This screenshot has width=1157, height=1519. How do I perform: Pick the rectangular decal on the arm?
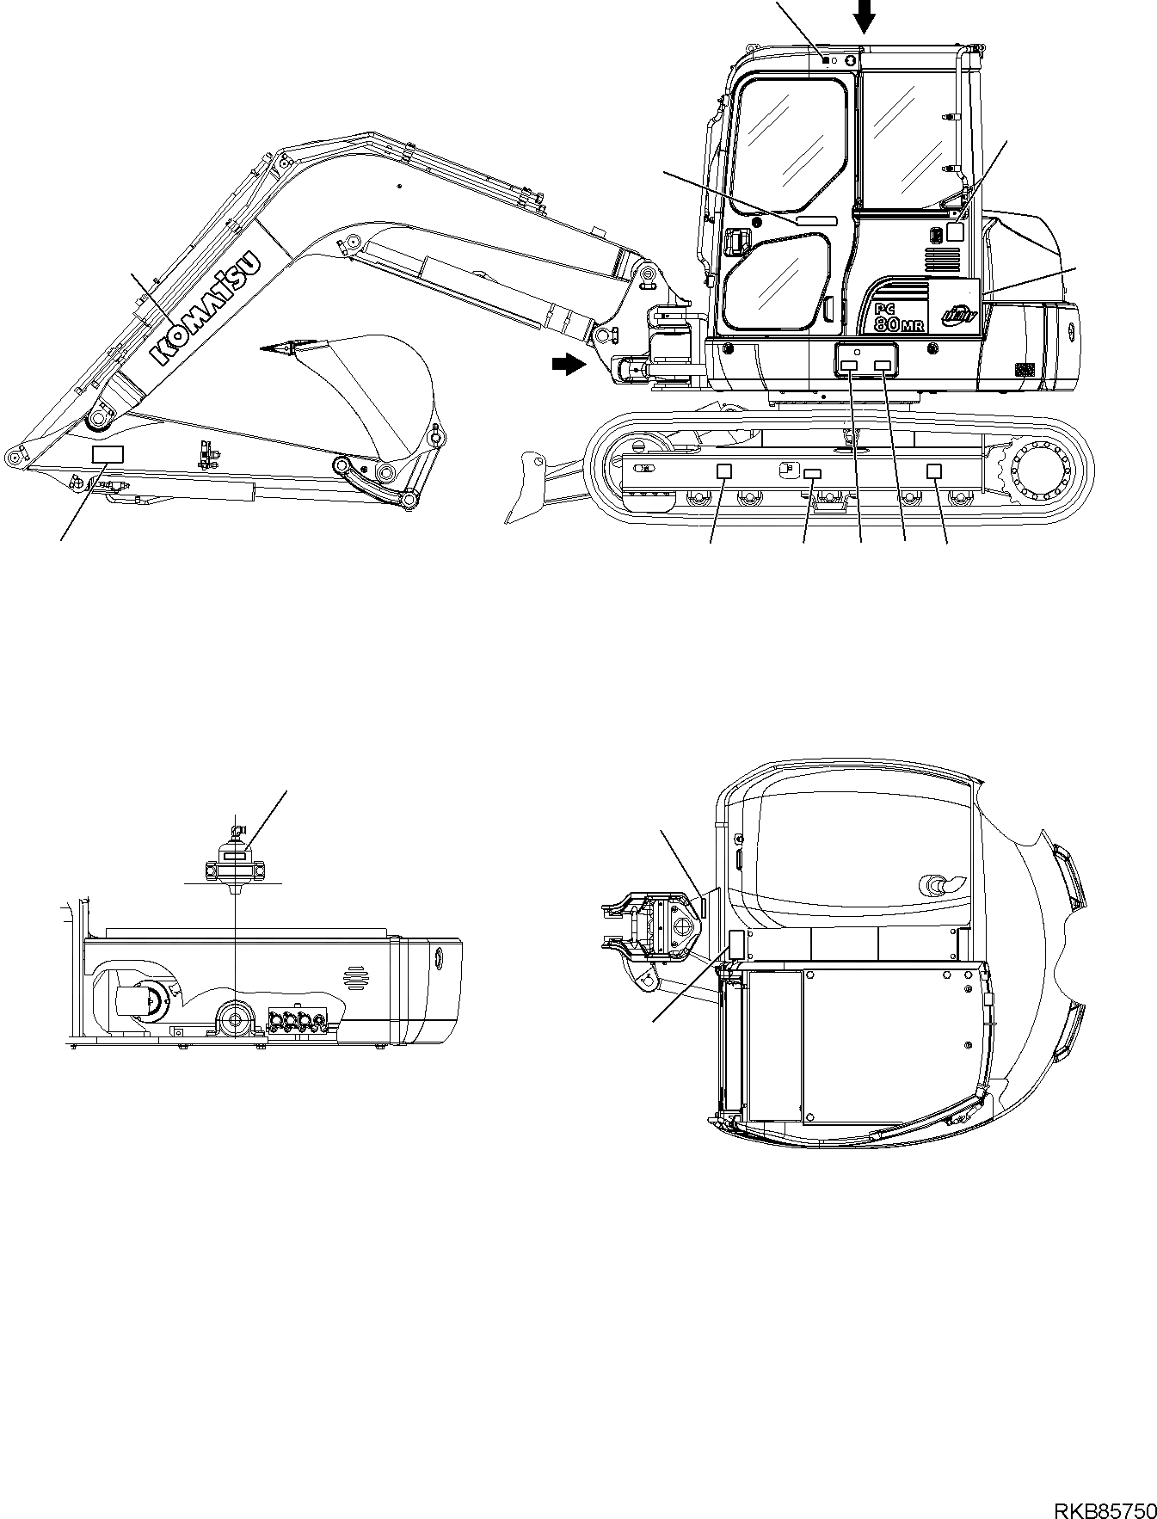tap(108, 455)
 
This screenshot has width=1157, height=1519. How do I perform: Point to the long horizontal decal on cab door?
tap(816, 221)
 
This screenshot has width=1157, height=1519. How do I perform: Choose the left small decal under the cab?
tap(849, 366)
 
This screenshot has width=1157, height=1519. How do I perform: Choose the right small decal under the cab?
tap(883, 366)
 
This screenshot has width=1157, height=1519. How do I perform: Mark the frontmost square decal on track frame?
tap(724, 470)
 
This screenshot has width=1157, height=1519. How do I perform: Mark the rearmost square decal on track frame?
tap(934, 470)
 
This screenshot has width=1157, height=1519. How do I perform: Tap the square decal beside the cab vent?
tap(954, 231)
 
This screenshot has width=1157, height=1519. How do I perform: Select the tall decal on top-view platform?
tap(735, 944)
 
